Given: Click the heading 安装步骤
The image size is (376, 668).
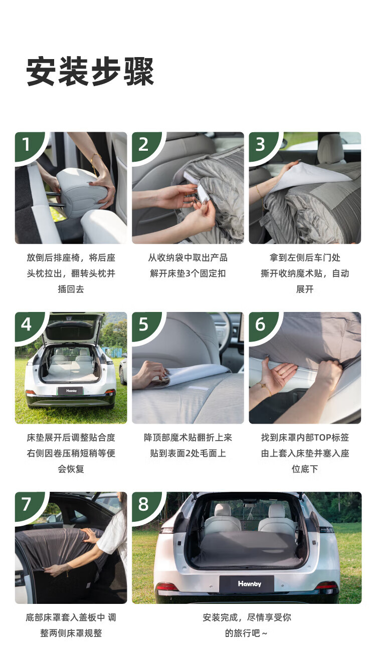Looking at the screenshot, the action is point(90,72).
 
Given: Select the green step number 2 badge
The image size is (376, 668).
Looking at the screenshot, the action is point(145,146).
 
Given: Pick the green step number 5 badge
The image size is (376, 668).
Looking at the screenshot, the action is point(145,325).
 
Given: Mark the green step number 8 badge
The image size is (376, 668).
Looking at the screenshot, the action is point(145,505).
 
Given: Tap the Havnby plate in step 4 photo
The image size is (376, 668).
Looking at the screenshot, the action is point(71,391).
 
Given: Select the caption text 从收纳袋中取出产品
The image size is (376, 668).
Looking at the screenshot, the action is point(188,258).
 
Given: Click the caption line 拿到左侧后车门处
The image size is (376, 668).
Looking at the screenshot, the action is point(305,258).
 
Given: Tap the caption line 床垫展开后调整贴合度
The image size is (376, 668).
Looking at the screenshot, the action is point(71,438).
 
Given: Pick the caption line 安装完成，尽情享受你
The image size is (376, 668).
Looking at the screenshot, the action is point(247,617).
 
